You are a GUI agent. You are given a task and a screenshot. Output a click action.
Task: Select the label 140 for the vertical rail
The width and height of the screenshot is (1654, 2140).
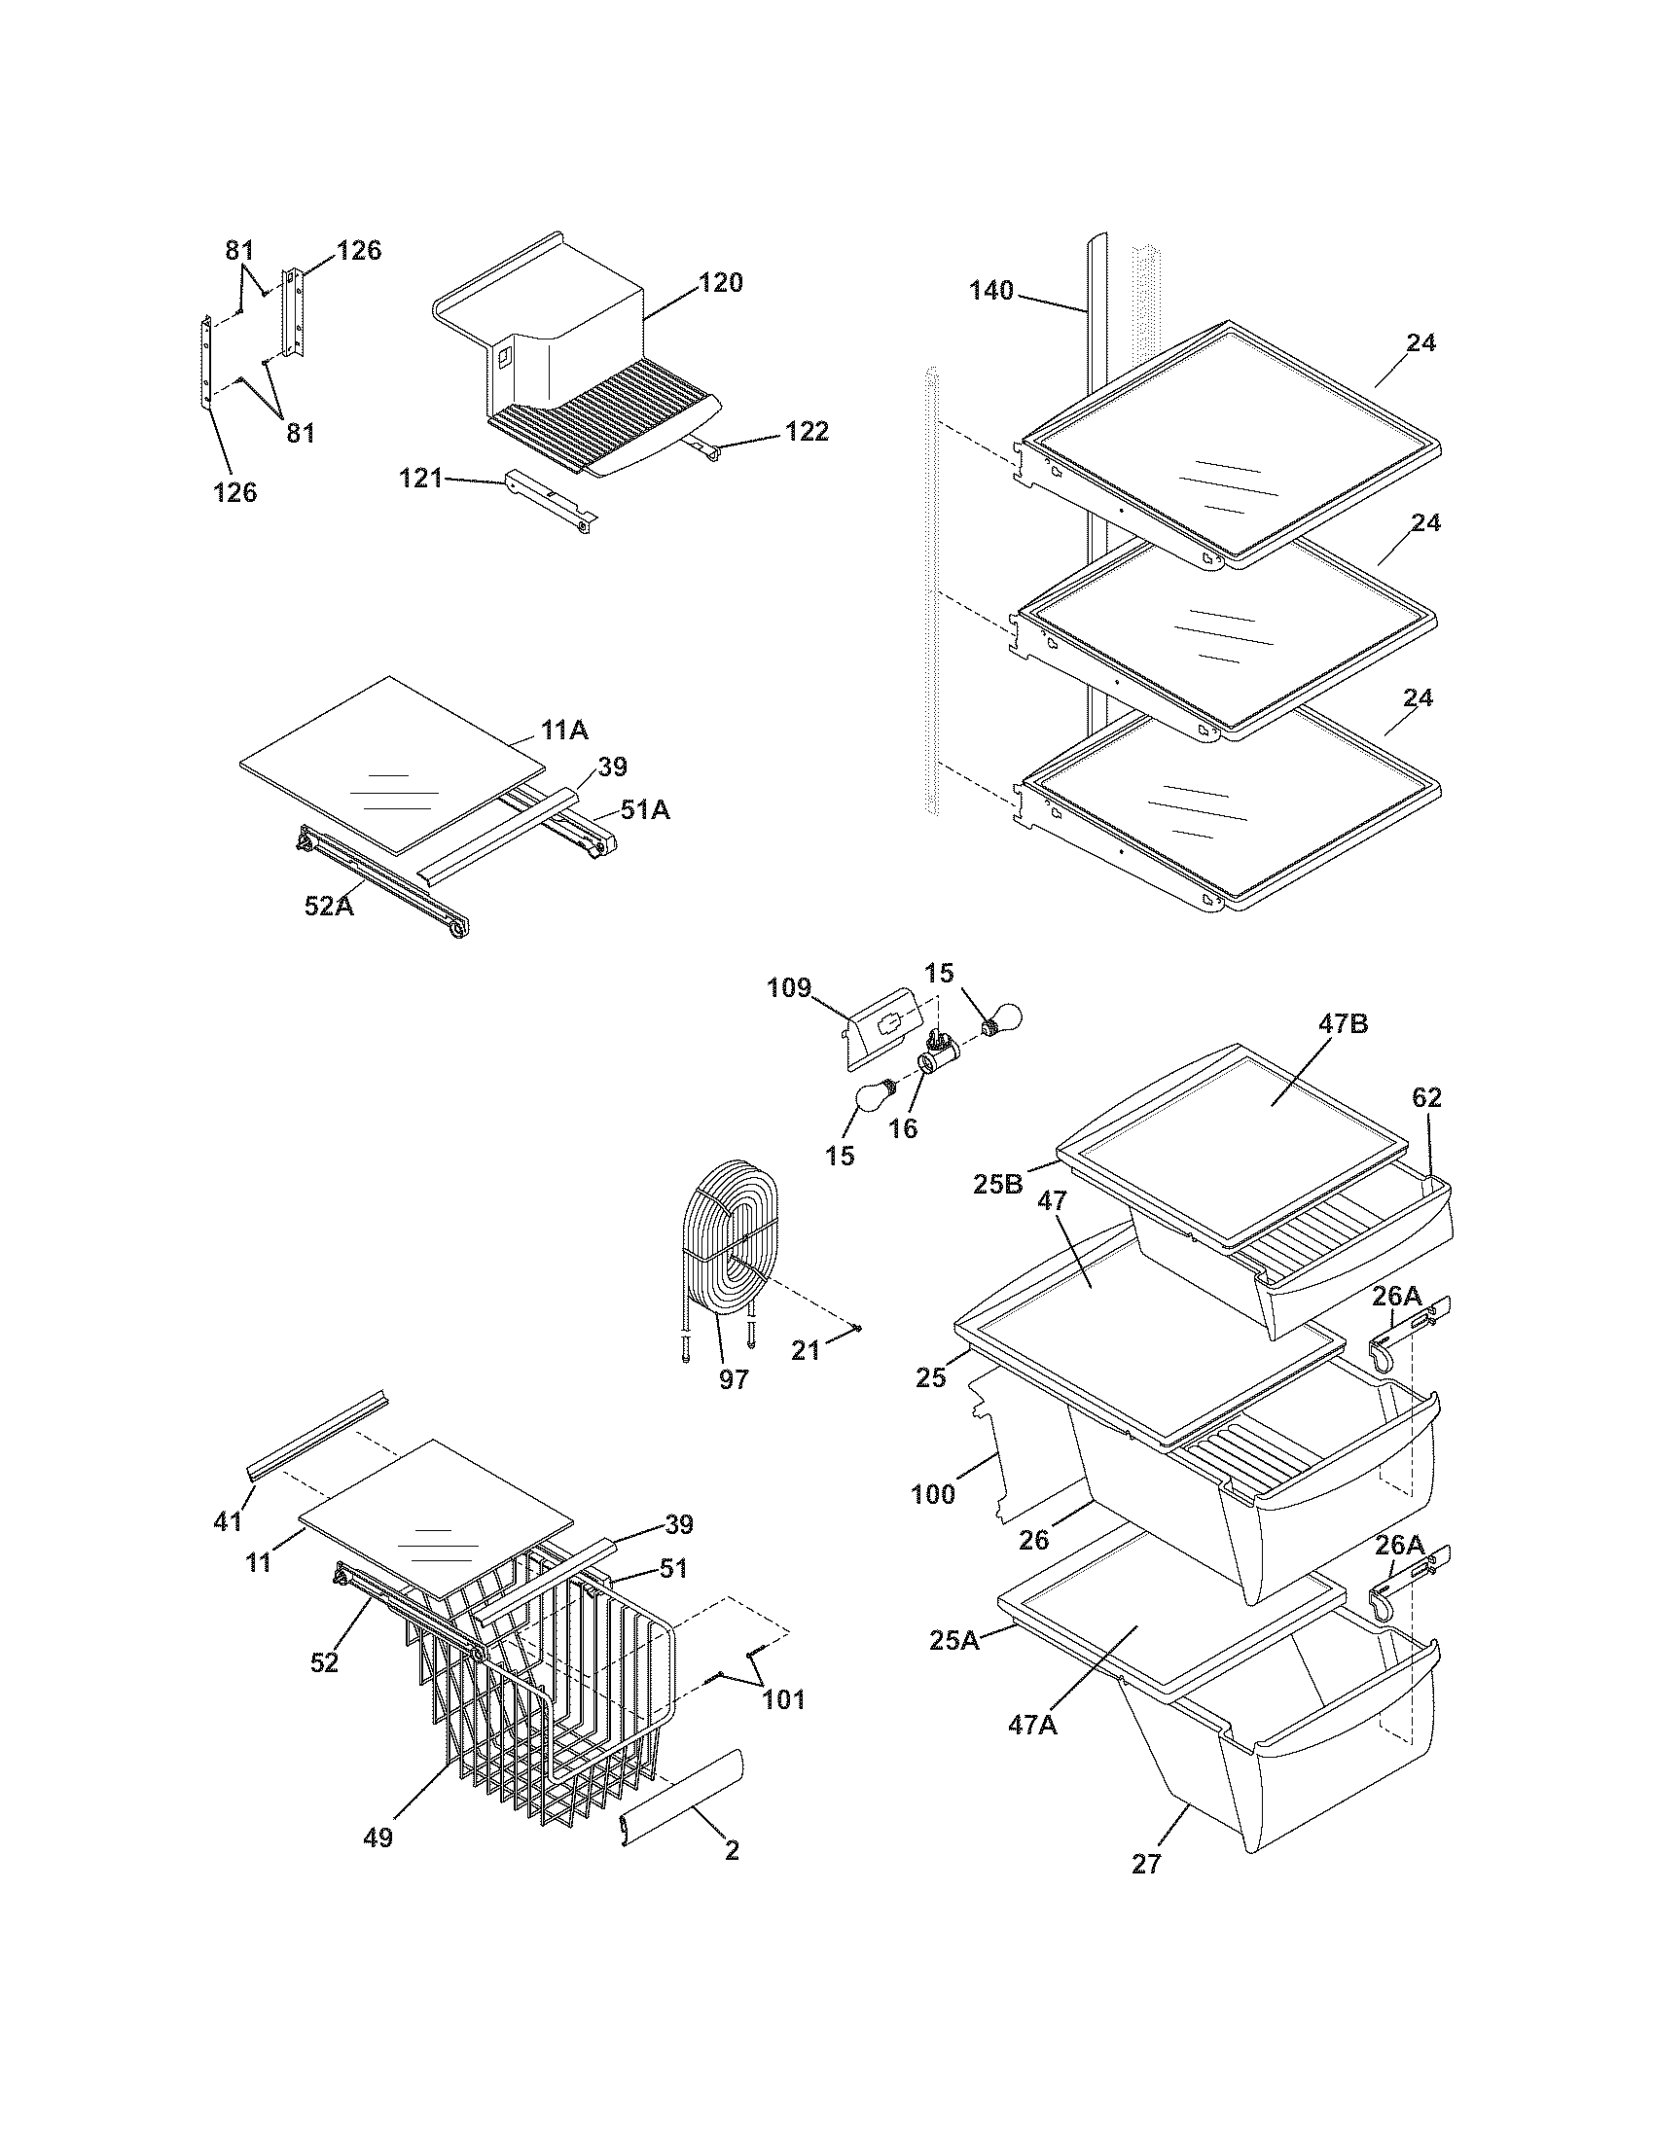(991, 290)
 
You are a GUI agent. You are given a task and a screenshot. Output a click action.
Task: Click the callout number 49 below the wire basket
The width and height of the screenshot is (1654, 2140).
(378, 1838)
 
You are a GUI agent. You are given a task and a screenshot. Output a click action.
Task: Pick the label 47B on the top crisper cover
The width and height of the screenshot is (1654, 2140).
(1344, 1024)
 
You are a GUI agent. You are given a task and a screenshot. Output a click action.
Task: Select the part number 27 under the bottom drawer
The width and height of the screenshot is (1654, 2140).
(1146, 1891)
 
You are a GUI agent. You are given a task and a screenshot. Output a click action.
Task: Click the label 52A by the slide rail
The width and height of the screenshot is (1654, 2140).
(328, 907)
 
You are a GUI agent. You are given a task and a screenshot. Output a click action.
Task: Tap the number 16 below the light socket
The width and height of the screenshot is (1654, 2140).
(903, 1128)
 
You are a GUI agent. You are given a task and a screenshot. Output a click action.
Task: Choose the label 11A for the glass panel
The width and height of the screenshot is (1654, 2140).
(564, 729)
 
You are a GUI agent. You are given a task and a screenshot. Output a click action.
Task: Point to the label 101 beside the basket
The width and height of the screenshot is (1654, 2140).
(783, 1699)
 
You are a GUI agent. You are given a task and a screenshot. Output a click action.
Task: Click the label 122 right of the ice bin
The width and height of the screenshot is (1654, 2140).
(807, 431)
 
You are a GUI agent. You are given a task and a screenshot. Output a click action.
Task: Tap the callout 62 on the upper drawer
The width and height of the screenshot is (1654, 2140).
(1426, 1097)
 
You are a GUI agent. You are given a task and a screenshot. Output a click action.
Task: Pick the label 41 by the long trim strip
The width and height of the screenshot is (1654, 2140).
(228, 1521)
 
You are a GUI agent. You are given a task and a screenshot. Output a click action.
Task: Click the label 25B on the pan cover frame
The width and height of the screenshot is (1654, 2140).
(997, 1184)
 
